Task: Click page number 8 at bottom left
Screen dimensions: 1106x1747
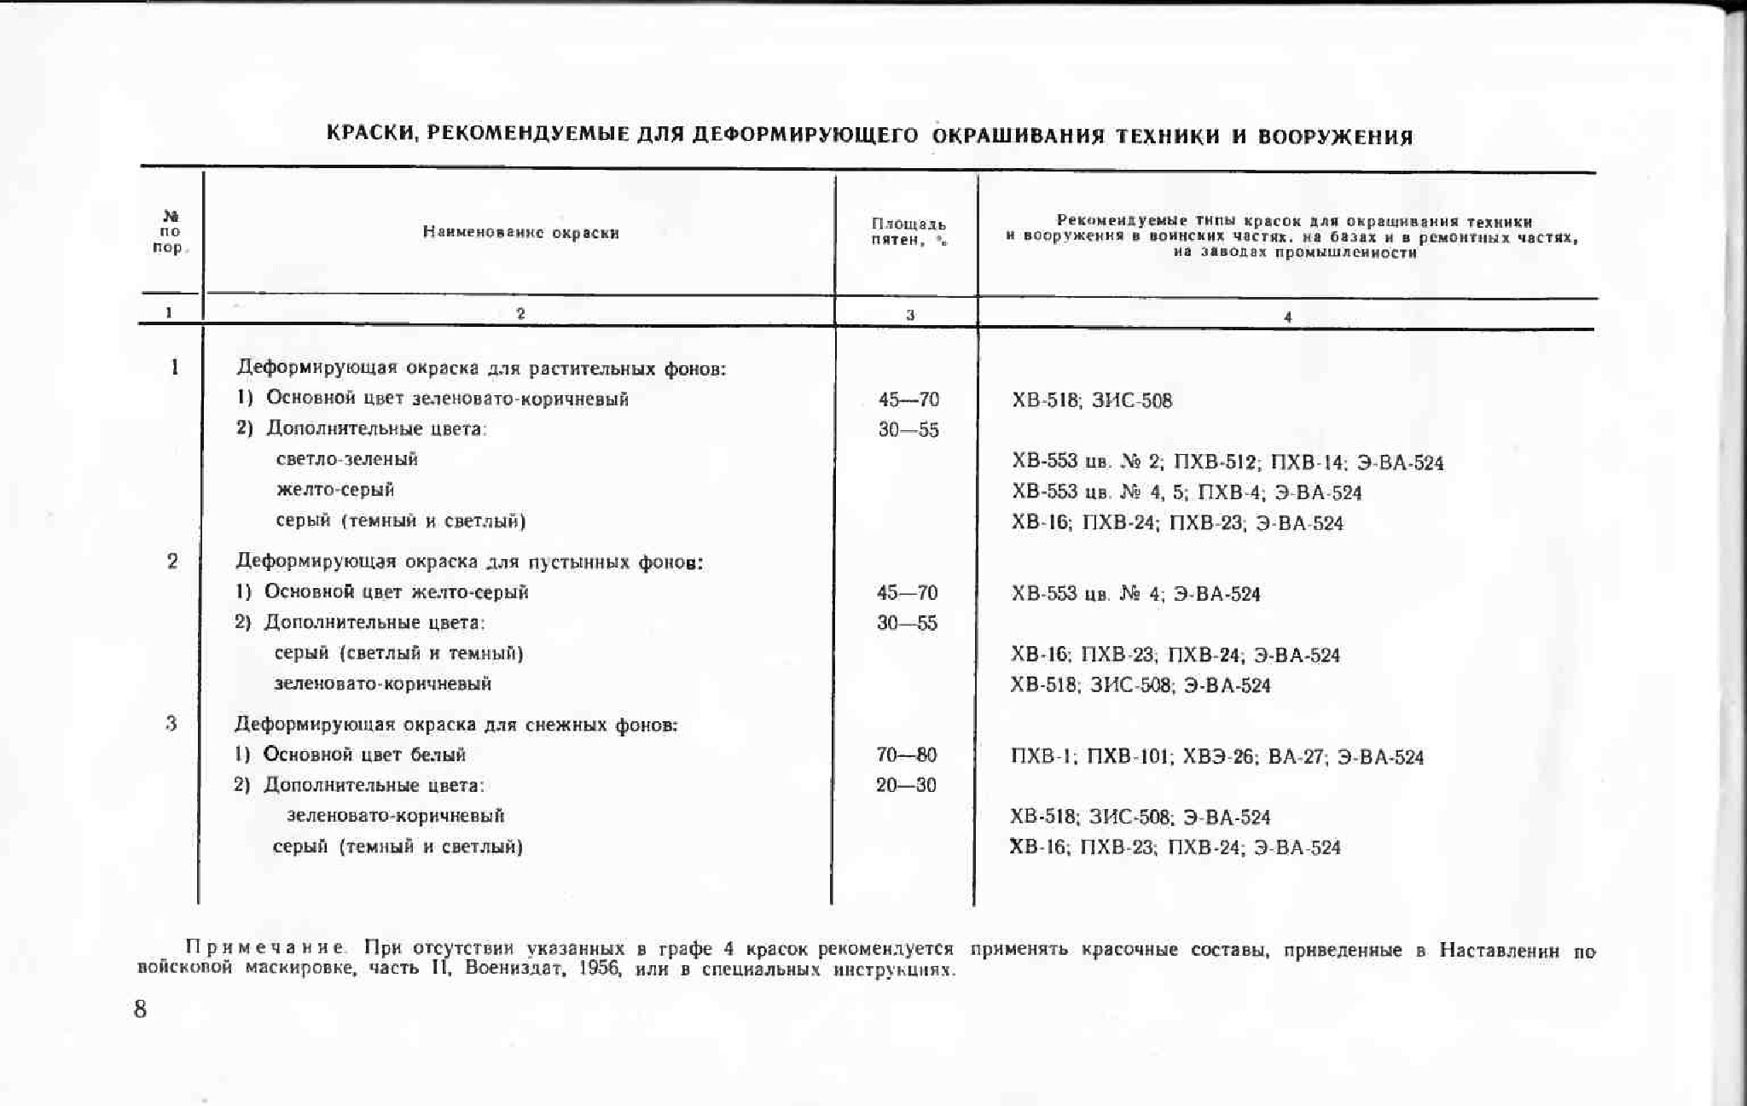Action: point(141,1010)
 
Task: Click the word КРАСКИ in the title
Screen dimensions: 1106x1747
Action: point(372,134)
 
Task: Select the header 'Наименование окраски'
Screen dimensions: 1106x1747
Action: point(520,233)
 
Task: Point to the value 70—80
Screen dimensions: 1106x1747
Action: point(906,755)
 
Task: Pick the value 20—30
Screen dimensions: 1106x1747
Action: point(906,785)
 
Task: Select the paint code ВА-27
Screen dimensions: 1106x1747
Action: point(1297,757)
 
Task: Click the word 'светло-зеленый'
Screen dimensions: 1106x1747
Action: point(347,459)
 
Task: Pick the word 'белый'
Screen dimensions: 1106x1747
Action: point(438,755)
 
